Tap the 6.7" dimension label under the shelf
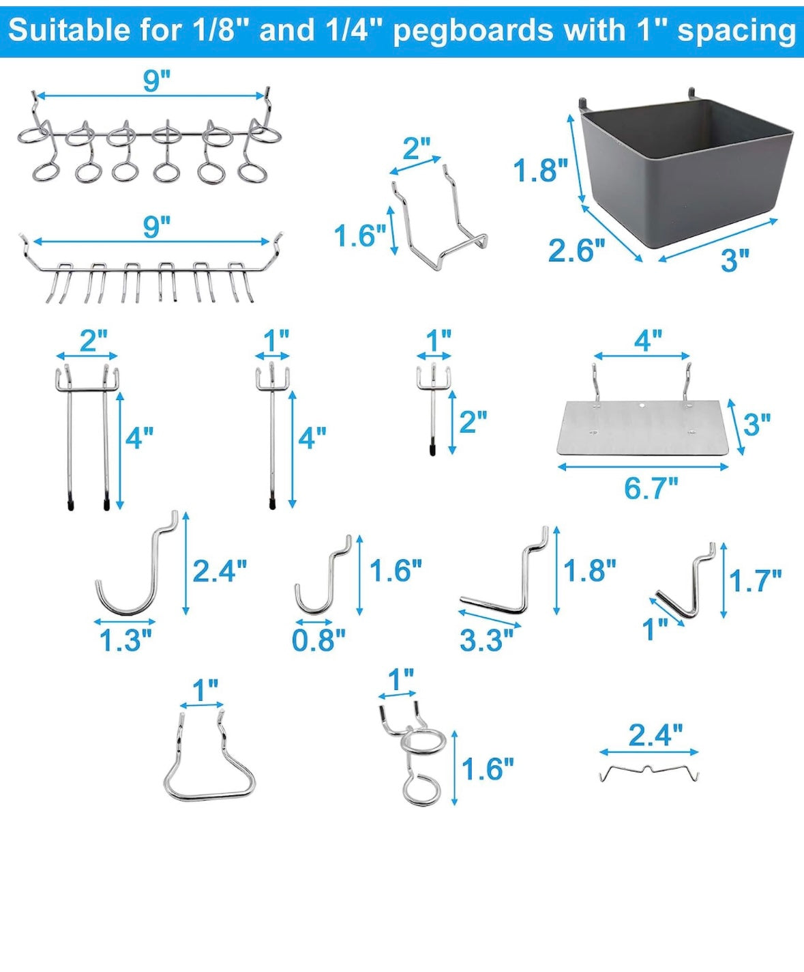pyautogui.click(x=651, y=489)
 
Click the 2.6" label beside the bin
pyautogui.click(x=576, y=251)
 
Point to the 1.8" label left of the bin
pyautogui.click(x=539, y=170)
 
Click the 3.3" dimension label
pyautogui.click(x=486, y=640)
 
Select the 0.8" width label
pyautogui.click(x=318, y=640)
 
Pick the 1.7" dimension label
pyautogui.click(x=755, y=581)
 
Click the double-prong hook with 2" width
pyautogui.click(x=87, y=437)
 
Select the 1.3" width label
pyautogui.click(x=125, y=640)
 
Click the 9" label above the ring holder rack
pyautogui.click(x=156, y=81)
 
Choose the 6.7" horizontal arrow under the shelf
pyautogui.click(x=643, y=467)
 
